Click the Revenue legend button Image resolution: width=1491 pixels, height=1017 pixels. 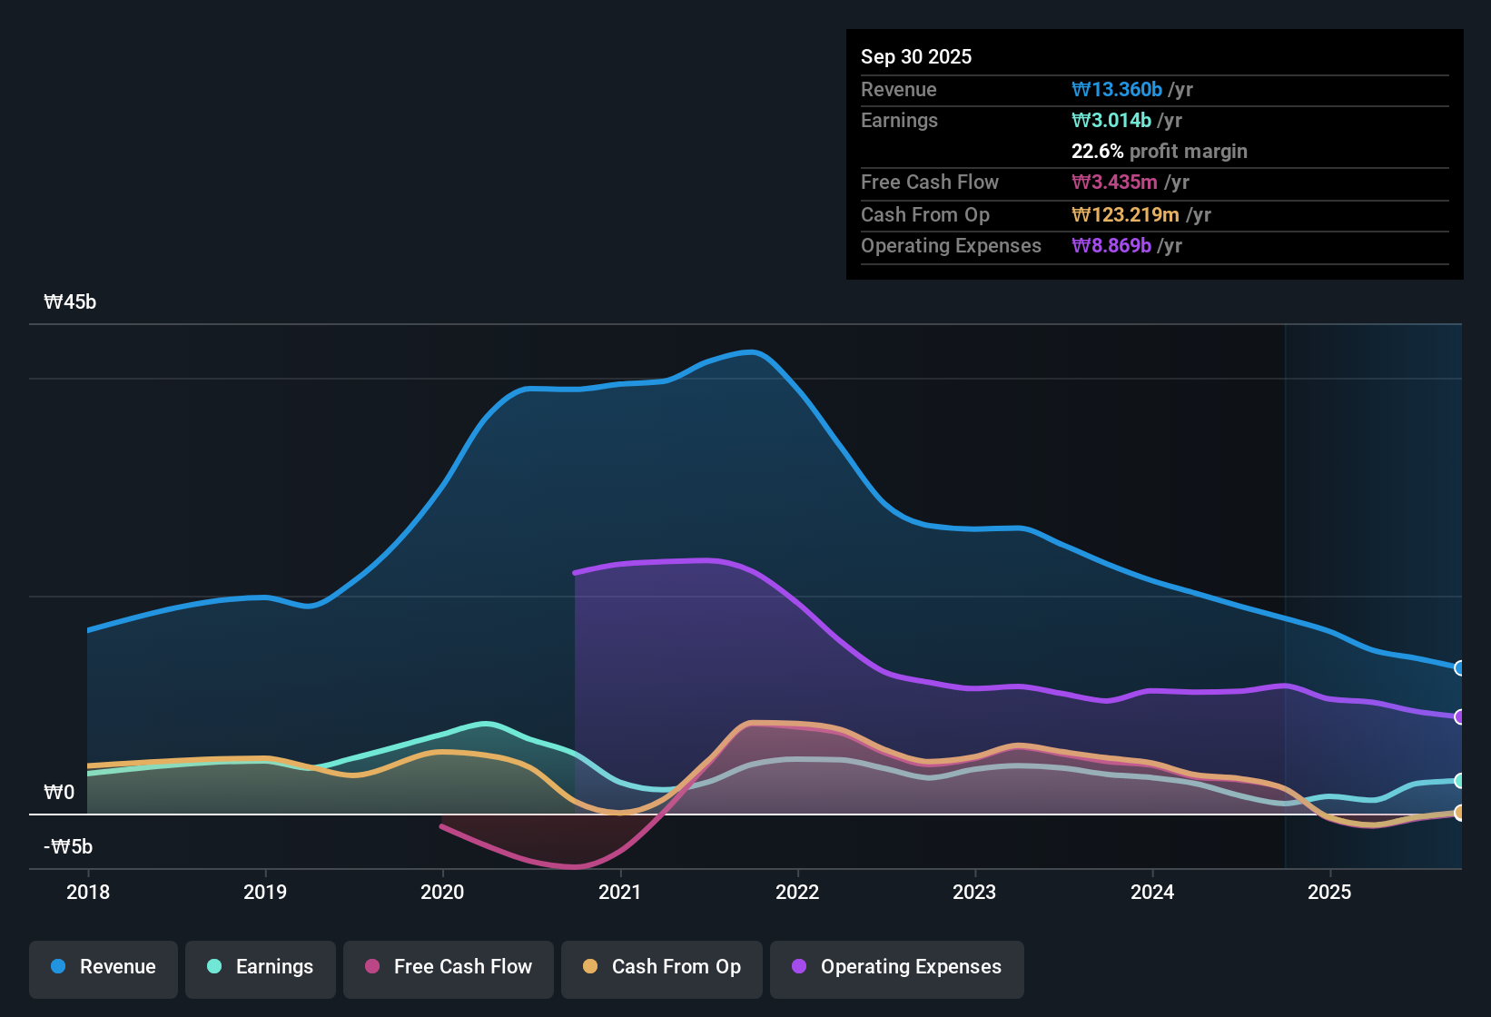click(x=104, y=967)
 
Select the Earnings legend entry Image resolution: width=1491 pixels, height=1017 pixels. click(x=261, y=967)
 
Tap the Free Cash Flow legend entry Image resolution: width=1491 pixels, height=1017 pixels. click(x=449, y=967)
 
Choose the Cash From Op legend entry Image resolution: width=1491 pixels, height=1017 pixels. click(x=662, y=967)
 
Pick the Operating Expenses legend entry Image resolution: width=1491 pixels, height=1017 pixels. click(x=897, y=967)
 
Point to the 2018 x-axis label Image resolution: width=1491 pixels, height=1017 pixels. click(x=88, y=893)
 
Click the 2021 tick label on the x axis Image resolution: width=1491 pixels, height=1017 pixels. click(x=620, y=893)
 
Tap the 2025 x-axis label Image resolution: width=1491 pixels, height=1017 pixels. click(x=1329, y=893)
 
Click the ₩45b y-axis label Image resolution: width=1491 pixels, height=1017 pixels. click(x=70, y=302)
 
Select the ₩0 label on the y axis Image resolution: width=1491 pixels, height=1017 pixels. click(x=59, y=793)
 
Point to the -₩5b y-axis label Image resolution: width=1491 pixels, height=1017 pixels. click(x=68, y=847)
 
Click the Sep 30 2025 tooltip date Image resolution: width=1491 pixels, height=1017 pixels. click(x=915, y=57)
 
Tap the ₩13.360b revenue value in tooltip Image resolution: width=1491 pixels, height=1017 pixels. click(x=1117, y=90)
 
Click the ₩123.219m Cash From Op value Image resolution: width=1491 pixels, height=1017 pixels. click(x=1125, y=215)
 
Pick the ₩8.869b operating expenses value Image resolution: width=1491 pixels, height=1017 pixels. click(x=1111, y=246)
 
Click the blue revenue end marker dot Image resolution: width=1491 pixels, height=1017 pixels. click(x=1459, y=668)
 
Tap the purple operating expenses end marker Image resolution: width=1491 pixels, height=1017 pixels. click(x=1459, y=717)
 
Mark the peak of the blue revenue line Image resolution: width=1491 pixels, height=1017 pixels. click(x=750, y=351)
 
